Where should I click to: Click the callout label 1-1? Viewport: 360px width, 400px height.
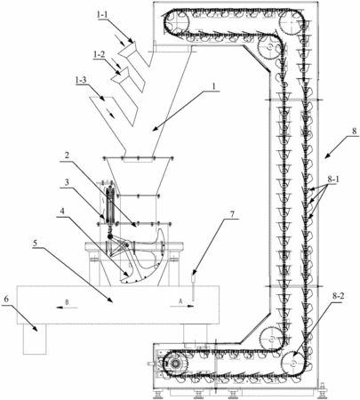(103, 15)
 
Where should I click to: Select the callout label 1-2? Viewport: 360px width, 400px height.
(99, 55)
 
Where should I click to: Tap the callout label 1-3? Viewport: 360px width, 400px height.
(82, 80)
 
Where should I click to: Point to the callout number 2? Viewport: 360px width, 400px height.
(68, 156)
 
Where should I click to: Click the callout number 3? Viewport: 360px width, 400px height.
(68, 182)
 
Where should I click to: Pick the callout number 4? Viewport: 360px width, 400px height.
(62, 212)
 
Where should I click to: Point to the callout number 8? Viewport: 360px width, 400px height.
(355, 131)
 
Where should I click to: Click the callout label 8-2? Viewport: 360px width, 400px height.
(338, 297)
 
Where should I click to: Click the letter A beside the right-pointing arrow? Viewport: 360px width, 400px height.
(180, 300)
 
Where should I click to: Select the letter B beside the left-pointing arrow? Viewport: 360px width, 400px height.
(67, 302)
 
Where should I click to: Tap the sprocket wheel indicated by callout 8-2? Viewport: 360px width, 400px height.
(292, 363)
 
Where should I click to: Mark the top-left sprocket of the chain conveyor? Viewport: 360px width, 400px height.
(178, 20)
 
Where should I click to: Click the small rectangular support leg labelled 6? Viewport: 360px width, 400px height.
(35, 339)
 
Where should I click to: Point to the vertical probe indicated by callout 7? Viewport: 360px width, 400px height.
(194, 288)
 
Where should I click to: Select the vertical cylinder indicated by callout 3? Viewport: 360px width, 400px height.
(109, 204)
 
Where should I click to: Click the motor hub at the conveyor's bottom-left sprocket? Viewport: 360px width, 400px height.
(175, 364)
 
